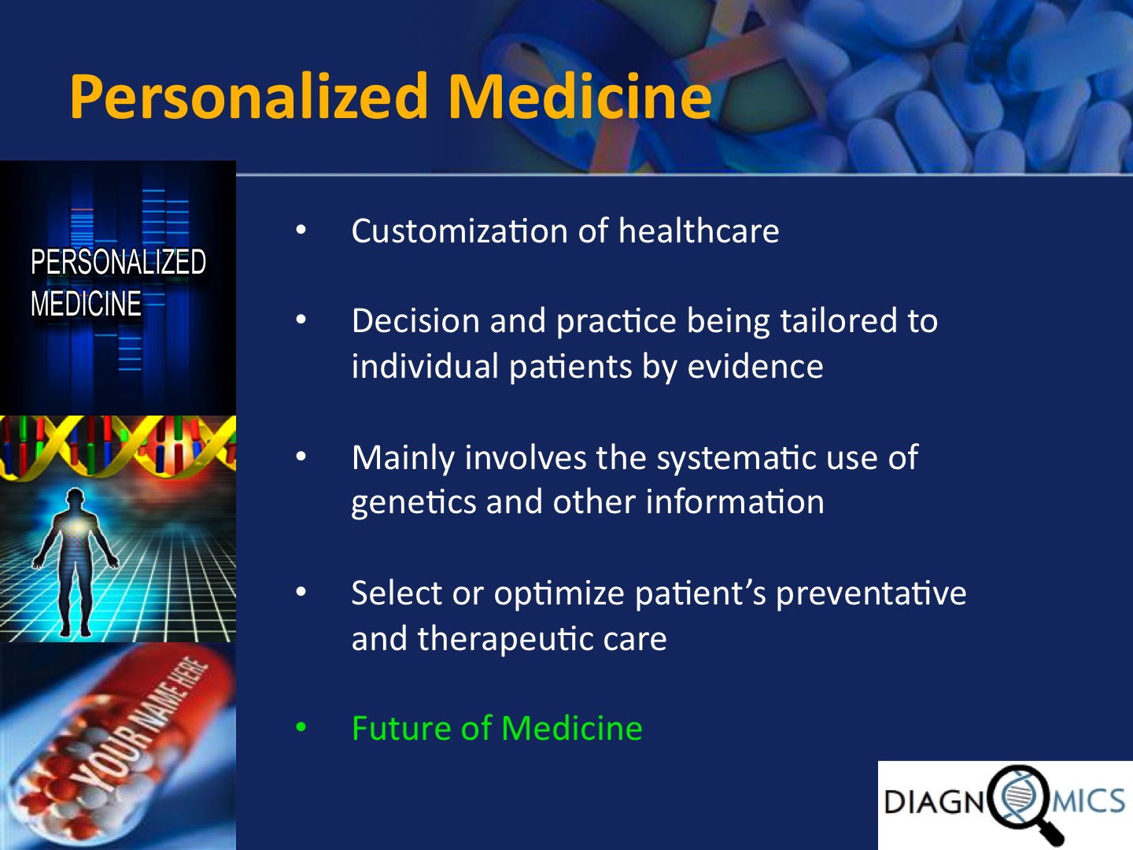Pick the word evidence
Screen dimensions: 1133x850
click(755, 366)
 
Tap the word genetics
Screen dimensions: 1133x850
click(414, 502)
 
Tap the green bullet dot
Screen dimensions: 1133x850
click(301, 728)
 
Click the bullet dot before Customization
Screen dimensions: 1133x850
click(301, 230)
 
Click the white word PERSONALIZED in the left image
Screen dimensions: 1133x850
click(118, 261)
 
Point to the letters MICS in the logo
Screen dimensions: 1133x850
click(1089, 801)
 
